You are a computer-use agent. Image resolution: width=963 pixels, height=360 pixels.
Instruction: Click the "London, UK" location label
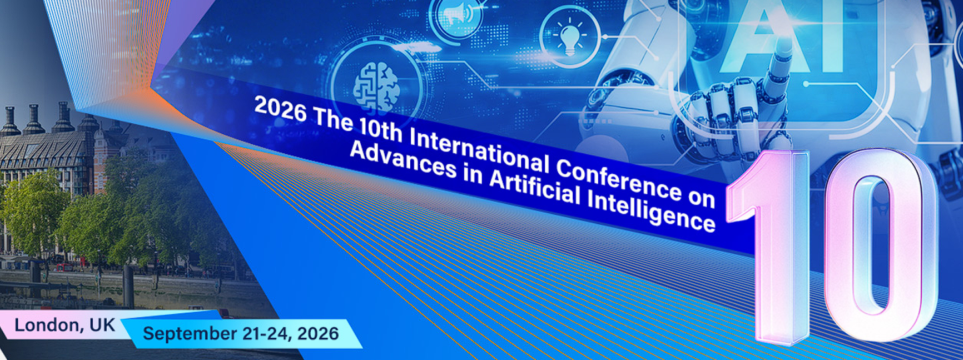click(65, 325)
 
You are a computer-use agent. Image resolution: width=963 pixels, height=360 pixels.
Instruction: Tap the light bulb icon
click(570, 38)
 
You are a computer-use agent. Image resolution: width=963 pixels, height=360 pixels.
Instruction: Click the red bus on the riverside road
click(66, 267)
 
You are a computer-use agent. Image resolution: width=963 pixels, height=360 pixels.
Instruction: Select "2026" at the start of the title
click(280, 109)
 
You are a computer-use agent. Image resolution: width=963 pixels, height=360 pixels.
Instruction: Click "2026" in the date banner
click(317, 333)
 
